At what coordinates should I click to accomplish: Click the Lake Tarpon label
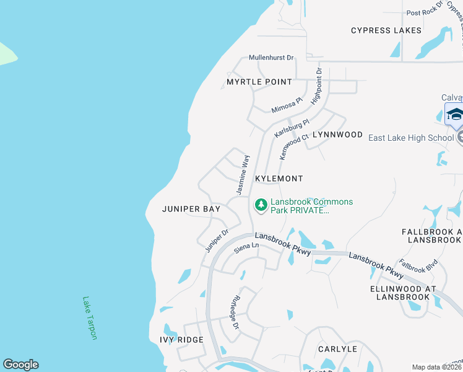click(x=90, y=317)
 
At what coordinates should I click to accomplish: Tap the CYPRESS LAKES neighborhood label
click(x=386, y=30)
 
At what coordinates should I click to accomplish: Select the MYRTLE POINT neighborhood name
click(x=259, y=82)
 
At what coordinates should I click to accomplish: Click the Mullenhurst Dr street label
click(x=271, y=58)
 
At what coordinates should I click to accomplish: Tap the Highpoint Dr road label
click(x=317, y=86)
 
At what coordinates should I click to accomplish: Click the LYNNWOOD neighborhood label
click(x=337, y=135)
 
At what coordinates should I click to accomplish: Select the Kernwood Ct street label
click(x=293, y=146)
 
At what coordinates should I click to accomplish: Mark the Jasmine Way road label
click(x=243, y=174)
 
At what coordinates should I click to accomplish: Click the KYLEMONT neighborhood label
click(x=279, y=179)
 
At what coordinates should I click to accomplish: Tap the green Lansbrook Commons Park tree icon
click(x=261, y=205)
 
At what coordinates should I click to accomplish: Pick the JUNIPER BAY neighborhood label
click(x=191, y=210)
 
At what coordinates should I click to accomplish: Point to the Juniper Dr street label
click(x=217, y=241)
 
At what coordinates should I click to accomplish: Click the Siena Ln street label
click(x=246, y=248)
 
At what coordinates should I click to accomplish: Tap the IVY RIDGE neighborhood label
click(x=181, y=340)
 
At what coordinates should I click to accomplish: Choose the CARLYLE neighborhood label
click(x=337, y=349)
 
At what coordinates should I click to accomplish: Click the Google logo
click(x=20, y=365)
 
